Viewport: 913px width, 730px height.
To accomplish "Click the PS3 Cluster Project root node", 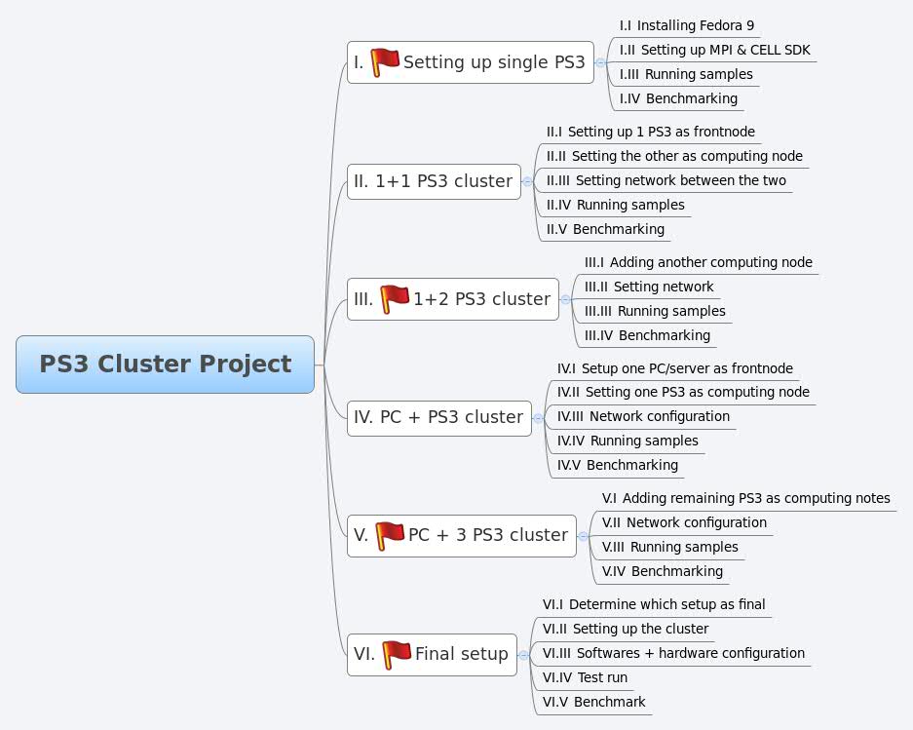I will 165,365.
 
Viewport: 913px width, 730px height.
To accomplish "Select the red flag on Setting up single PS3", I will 385,61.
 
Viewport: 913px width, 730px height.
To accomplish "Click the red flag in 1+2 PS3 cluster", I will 395,299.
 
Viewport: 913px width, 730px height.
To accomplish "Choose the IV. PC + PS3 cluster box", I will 438,417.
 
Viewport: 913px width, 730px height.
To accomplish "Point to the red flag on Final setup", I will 397,653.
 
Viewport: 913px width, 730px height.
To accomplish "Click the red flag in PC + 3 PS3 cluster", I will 390,535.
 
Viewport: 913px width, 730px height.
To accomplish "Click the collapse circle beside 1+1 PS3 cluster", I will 527,181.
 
